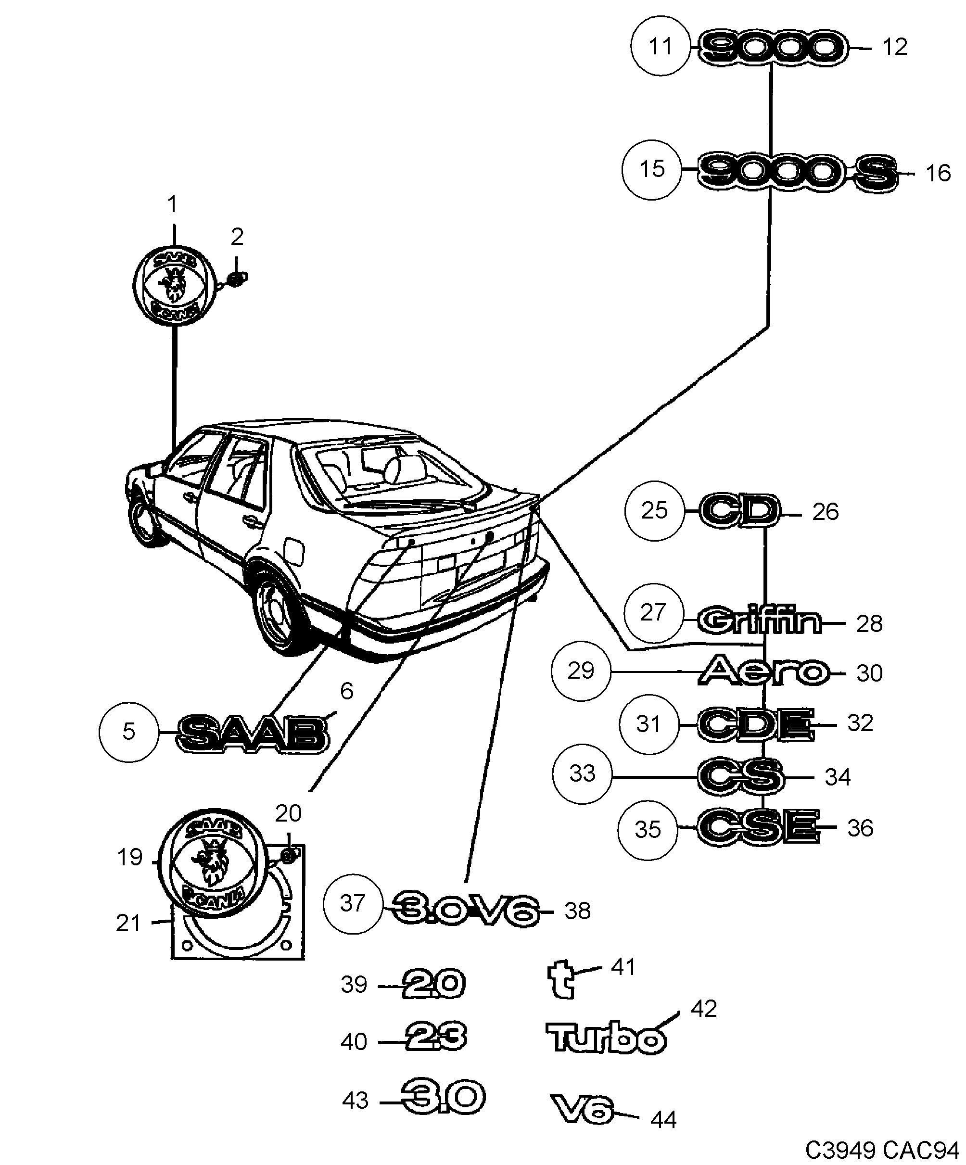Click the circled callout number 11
(x=660, y=46)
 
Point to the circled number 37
(x=353, y=903)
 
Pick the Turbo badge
(x=605, y=1038)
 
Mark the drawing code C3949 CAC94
(x=882, y=1150)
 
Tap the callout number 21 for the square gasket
(x=127, y=923)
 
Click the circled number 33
(x=582, y=773)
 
